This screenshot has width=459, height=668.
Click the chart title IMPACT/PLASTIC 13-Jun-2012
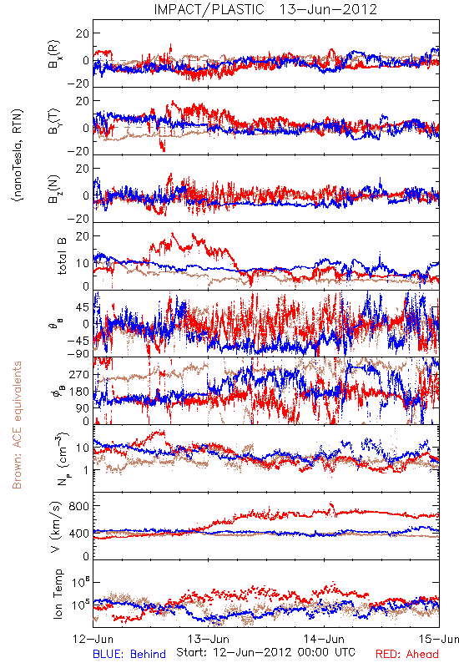(265, 9)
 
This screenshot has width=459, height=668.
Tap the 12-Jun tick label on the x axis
(93, 639)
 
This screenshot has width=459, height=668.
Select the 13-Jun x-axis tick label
(209, 639)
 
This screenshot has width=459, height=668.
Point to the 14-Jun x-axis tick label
(324, 639)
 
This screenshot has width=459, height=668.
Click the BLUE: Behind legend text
(129, 655)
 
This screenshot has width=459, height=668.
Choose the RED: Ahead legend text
(406, 655)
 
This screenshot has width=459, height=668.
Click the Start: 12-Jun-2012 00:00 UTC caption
(265, 652)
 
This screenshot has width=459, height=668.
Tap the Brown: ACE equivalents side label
(17, 425)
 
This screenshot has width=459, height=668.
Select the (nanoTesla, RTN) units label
(18, 155)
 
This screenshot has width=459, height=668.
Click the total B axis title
(62, 256)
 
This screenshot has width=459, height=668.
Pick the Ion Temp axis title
(58, 594)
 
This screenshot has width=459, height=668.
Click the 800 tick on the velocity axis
(79, 507)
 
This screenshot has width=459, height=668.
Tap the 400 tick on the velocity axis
(79, 534)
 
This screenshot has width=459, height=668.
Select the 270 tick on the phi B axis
(79, 374)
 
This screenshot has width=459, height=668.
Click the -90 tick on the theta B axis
(78, 354)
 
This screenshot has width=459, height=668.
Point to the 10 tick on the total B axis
(83, 263)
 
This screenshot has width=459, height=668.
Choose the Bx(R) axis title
(54, 54)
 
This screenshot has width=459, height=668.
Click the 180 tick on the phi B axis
(79, 392)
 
